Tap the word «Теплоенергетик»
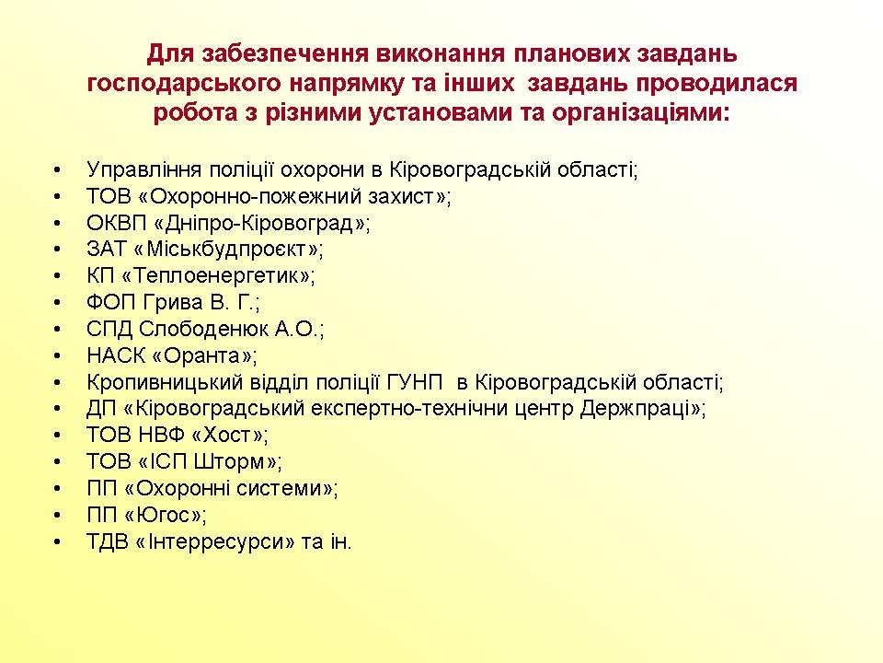tap(215, 275)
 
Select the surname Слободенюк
tap(204, 329)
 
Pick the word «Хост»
tap(226, 435)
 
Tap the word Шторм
tap(229, 461)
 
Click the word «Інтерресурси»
tap(215, 541)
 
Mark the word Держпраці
tap(636, 408)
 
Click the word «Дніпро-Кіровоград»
tap(259, 223)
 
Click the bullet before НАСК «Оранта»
tap(57, 356)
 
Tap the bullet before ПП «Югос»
tap(57, 516)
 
